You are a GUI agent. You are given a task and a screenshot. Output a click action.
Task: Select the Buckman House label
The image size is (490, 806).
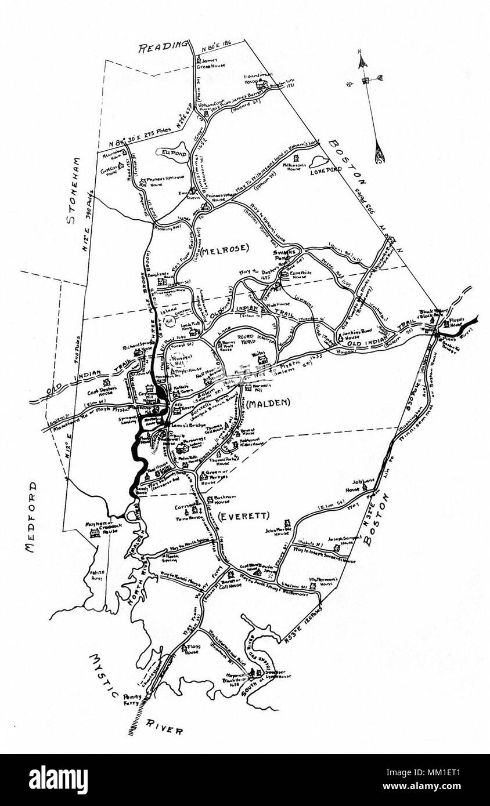click(x=218, y=499)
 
